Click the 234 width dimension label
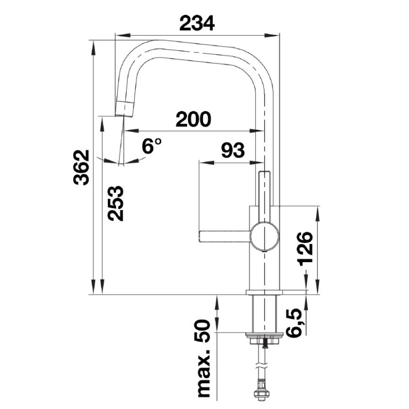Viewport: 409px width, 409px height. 197,23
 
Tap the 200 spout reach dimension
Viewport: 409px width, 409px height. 193,119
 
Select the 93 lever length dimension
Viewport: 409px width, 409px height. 233,150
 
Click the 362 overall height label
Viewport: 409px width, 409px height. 81,168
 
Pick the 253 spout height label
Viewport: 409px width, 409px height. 116,203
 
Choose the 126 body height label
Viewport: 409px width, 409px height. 305,248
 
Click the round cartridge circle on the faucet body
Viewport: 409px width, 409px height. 264,236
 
